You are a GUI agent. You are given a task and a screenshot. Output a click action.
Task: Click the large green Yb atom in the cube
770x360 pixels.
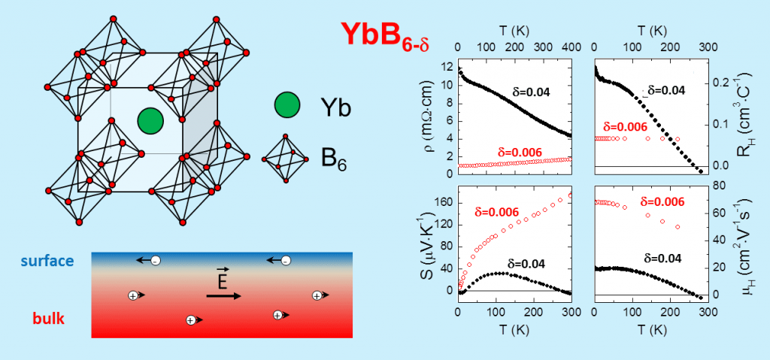150,120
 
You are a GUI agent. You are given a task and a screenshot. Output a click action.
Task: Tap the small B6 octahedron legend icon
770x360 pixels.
284,159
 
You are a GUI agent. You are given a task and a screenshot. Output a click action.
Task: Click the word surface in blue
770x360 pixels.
48,261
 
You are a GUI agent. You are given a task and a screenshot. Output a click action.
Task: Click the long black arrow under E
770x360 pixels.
223,296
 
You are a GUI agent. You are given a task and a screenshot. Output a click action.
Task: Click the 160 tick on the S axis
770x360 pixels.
444,202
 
